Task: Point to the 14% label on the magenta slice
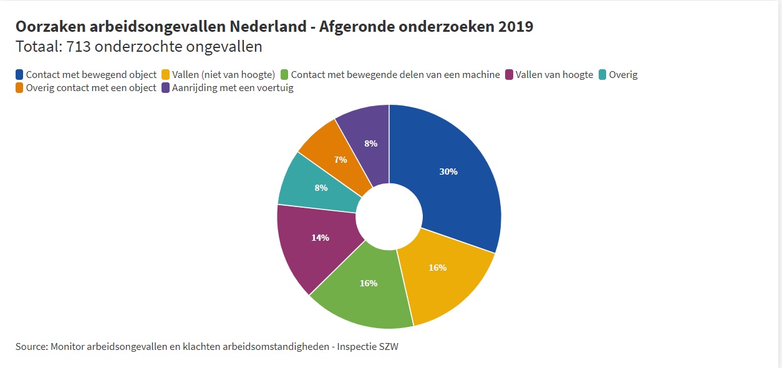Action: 320,238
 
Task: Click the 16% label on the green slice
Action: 369,283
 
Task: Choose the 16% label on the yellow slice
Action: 438,268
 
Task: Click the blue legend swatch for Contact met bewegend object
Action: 20,75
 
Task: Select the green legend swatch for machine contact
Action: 285,75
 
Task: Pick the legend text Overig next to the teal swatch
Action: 624,75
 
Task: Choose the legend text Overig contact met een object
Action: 91,88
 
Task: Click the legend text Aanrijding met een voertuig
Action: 233,88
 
